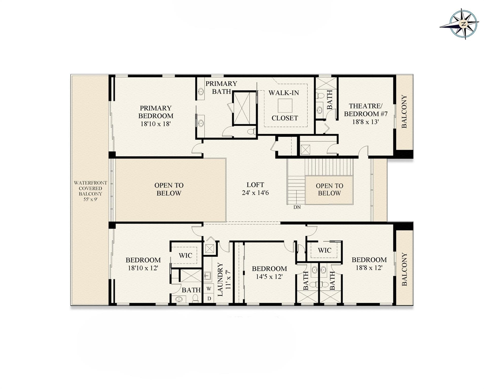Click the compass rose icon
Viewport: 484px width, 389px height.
463,24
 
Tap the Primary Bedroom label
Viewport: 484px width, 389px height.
156,112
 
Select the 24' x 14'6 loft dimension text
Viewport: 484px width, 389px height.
255,193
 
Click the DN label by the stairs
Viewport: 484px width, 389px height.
297,207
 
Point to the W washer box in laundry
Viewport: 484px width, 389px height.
209,288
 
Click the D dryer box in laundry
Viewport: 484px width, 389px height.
209,298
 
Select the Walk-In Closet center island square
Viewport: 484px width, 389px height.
285,106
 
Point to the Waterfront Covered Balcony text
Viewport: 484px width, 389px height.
90,191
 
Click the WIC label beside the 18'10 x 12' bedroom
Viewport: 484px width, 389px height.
185,255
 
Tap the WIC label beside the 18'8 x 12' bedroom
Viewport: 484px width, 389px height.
324,250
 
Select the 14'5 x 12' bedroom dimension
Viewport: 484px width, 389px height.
269,276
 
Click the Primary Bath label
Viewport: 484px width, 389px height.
221,87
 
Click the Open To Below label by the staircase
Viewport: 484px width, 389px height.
329,189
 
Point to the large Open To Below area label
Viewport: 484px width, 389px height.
169,189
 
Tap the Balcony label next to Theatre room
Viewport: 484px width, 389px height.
404,111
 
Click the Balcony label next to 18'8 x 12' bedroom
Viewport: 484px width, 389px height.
404,269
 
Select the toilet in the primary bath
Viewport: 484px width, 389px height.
251,132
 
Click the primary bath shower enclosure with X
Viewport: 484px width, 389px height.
244,108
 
